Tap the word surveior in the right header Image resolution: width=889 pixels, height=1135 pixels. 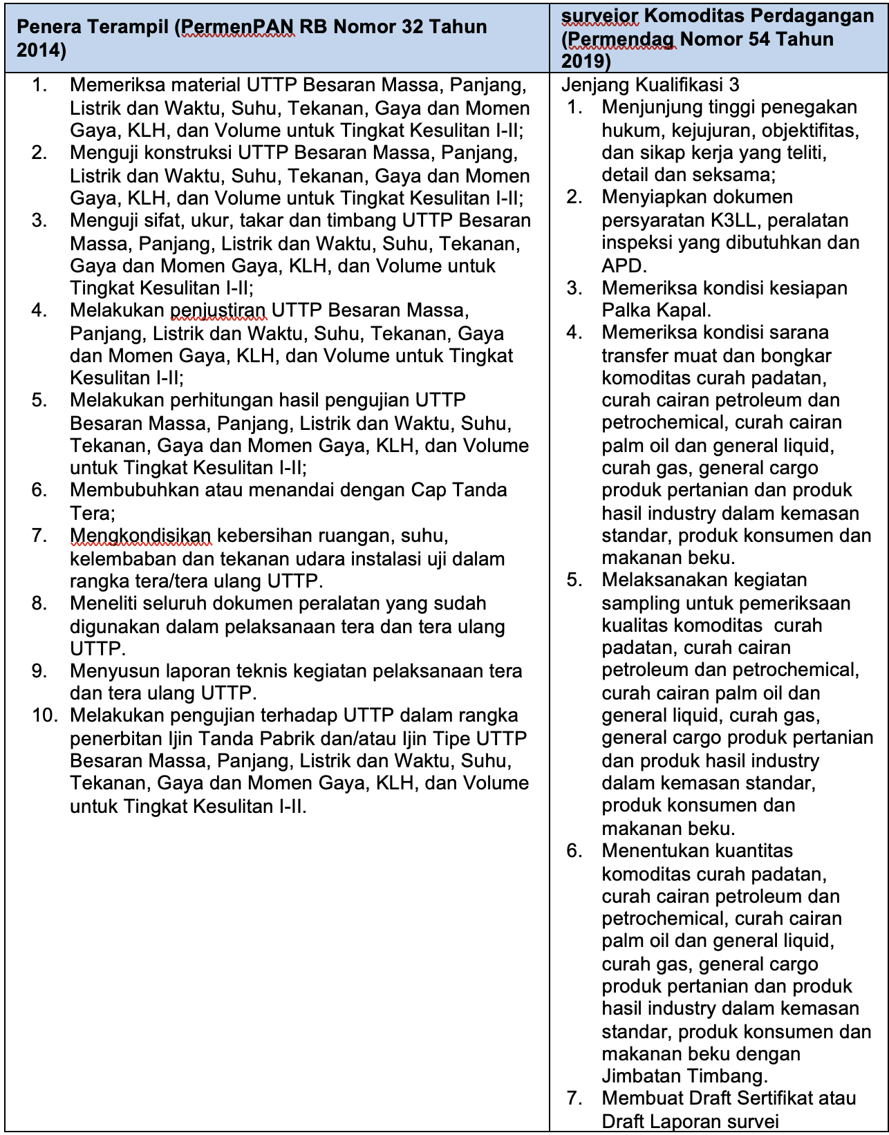(600, 16)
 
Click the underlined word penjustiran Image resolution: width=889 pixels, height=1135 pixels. (218, 310)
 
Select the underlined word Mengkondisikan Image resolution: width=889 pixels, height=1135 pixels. (140, 536)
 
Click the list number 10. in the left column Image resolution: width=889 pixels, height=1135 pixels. (46, 715)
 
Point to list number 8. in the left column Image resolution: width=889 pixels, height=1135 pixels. (39, 603)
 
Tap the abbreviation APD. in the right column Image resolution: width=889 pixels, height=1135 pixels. (624, 265)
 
